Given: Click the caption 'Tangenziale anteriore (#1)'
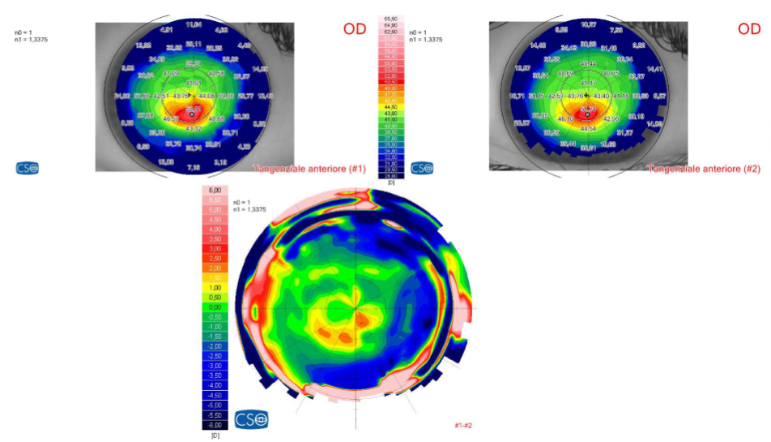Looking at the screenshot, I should [309, 169].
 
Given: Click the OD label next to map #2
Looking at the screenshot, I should [748, 30].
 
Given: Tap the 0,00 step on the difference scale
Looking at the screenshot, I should [215, 307].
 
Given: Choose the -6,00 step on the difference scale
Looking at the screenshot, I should [215, 425].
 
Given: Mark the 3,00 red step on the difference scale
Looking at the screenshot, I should [215, 248].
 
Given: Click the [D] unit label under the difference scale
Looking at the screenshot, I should [215, 436].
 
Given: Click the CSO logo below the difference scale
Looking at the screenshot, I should [252, 420].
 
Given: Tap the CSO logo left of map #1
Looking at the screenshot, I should [27, 169].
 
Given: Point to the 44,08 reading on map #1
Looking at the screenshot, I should [206, 97].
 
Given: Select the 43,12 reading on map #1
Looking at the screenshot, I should [194, 129].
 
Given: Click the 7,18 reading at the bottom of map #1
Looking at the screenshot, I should [194, 167].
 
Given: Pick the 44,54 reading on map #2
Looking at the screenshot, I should [588, 129].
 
